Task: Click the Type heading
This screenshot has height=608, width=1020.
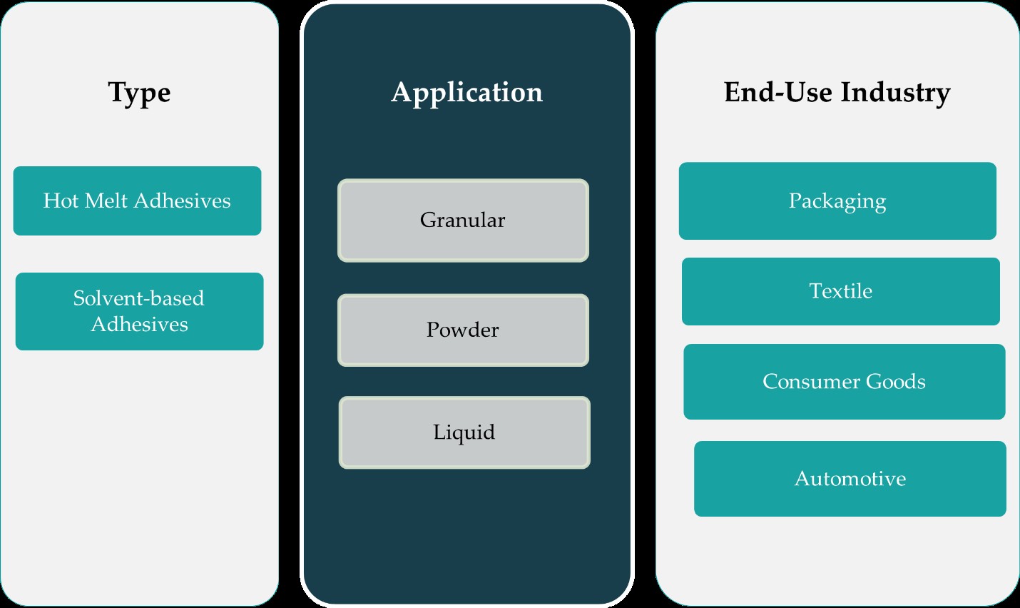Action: click(139, 93)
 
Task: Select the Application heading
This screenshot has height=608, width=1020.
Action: click(467, 93)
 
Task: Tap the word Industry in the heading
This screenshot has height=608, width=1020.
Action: click(895, 93)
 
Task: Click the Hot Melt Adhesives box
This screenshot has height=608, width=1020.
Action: click(137, 201)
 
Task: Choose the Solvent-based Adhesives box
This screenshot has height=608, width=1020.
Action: click(139, 311)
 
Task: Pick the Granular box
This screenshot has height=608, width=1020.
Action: click(463, 221)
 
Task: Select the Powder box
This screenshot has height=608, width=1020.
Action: click(463, 330)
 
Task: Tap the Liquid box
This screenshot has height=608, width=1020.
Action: click(464, 432)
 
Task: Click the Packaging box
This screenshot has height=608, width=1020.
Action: click(837, 201)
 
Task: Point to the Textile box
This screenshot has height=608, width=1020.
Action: click(841, 291)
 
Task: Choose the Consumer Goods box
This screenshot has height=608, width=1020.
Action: click(845, 382)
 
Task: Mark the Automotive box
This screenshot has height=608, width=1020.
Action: click(850, 479)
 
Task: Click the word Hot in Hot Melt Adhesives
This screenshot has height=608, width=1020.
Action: click(60, 201)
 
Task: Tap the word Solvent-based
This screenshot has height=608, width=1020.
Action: click(139, 298)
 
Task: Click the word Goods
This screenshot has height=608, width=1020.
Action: click(895, 382)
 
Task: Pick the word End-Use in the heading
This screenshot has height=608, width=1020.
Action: click(777, 93)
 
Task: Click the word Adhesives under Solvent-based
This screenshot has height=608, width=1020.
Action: click(140, 325)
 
